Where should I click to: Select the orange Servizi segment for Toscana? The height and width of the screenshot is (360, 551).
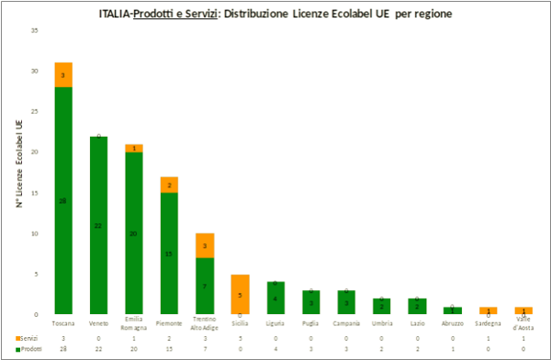coord(63,74)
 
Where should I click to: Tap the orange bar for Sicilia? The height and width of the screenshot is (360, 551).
coord(239,294)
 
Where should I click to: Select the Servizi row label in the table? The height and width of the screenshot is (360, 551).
coord(27,338)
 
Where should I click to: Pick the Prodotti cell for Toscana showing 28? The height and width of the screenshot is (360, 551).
coord(62,349)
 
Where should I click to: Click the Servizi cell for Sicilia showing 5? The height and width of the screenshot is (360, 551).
coord(239,338)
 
